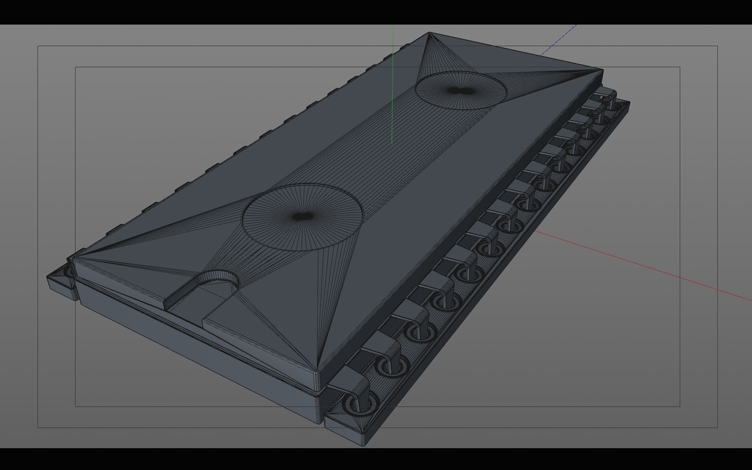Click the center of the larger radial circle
(x=303, y=216)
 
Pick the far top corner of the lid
(x=429, y=33)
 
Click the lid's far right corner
(x=602, y=70)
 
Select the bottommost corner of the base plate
(x=363, y=445)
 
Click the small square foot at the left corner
(x=61, y=279)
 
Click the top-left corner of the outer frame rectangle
(x=38, y=46)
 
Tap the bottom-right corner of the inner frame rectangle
(x=680, y=406)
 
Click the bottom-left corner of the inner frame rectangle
(x=75, y=406)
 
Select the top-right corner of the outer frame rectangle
(x=717, y=46)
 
